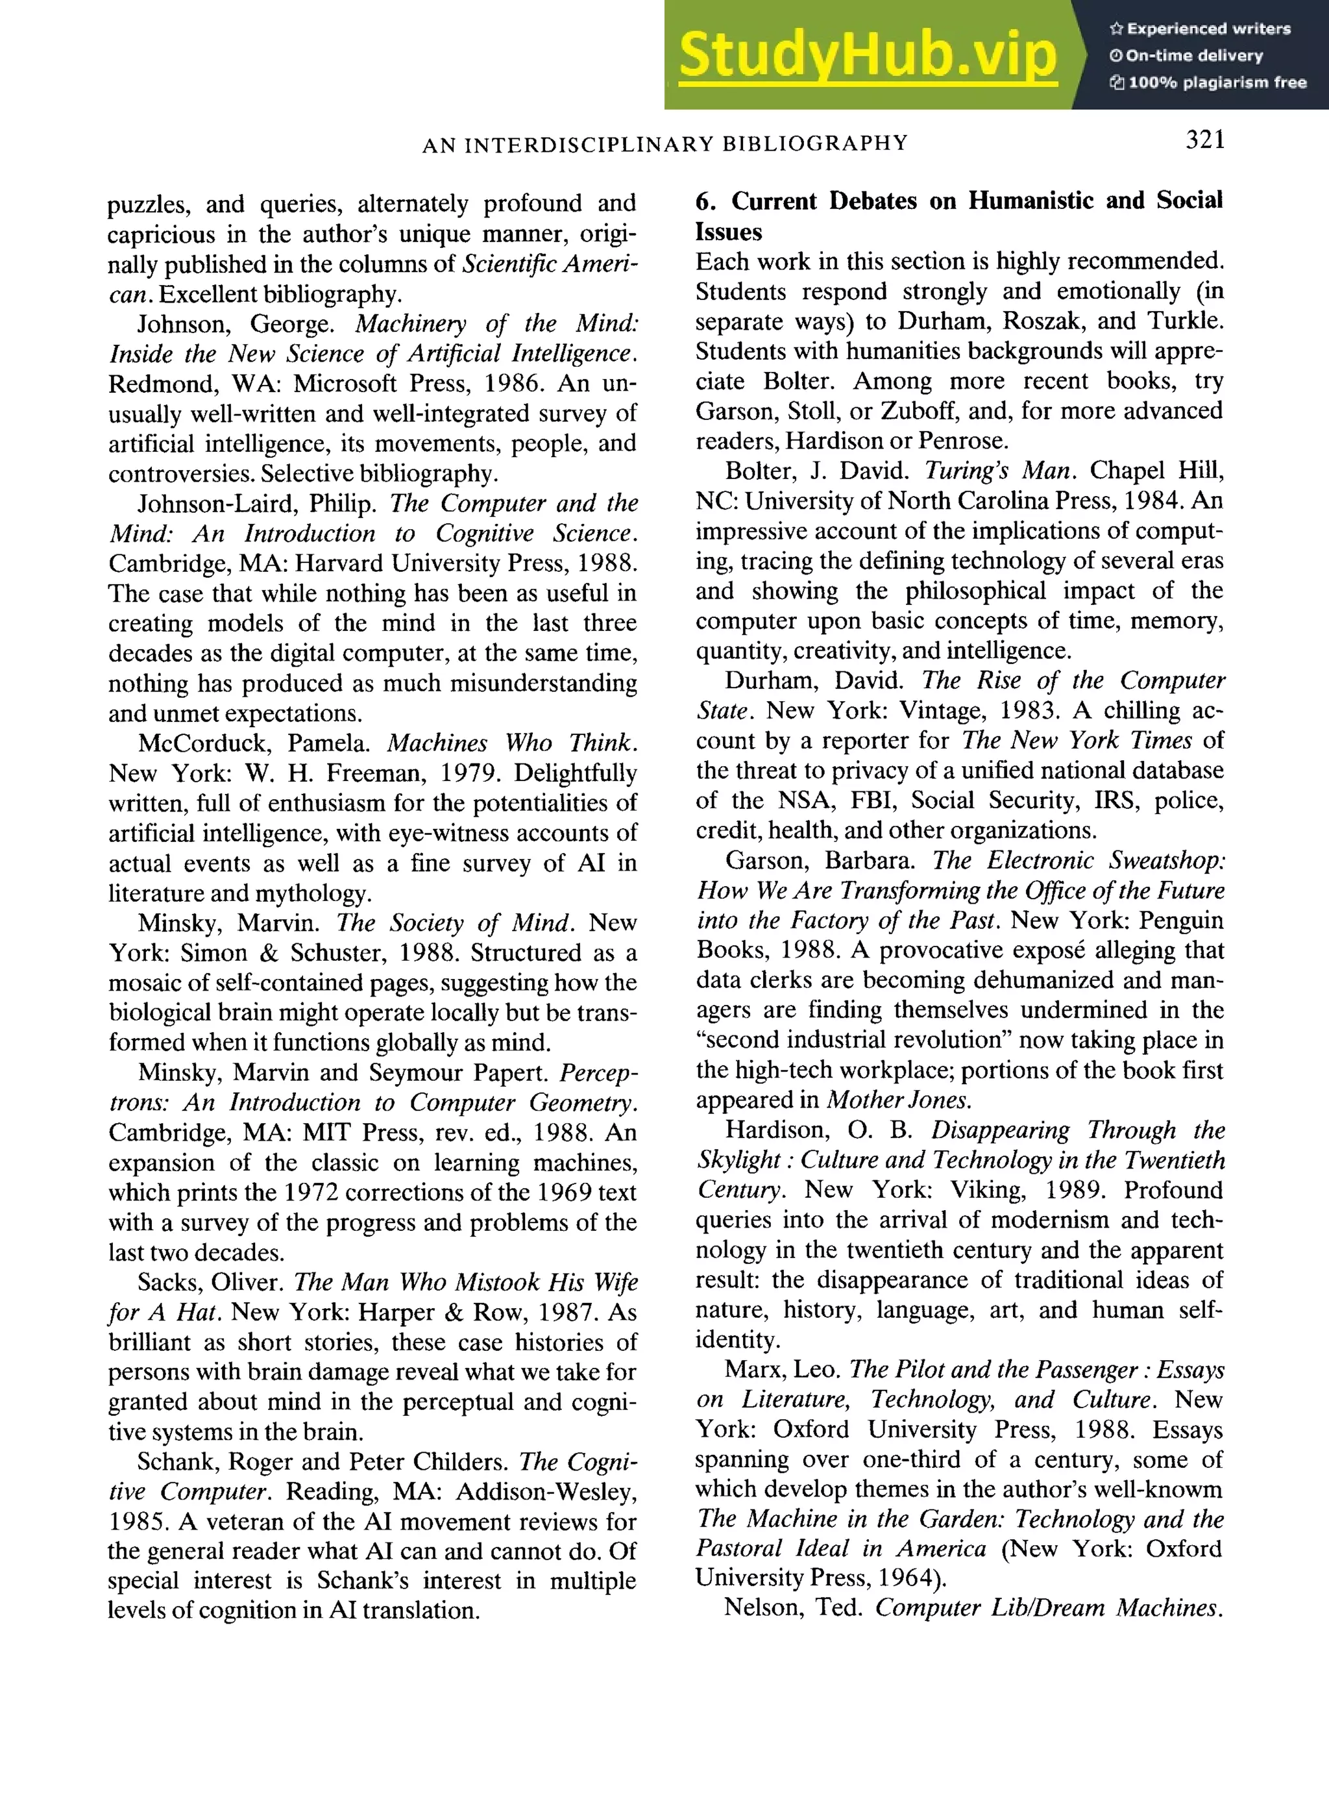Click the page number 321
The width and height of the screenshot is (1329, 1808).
click(1204, 140)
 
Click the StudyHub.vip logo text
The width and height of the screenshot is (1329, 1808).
click(867, 55)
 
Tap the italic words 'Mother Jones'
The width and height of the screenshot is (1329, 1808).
click(899, 1100)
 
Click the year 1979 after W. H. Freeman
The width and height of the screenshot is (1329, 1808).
click(470, 773)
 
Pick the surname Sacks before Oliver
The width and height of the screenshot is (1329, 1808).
click(167, 1282)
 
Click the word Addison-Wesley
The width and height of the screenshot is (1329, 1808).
click(546, 1492)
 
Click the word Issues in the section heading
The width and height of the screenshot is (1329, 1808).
click(728, 232)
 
